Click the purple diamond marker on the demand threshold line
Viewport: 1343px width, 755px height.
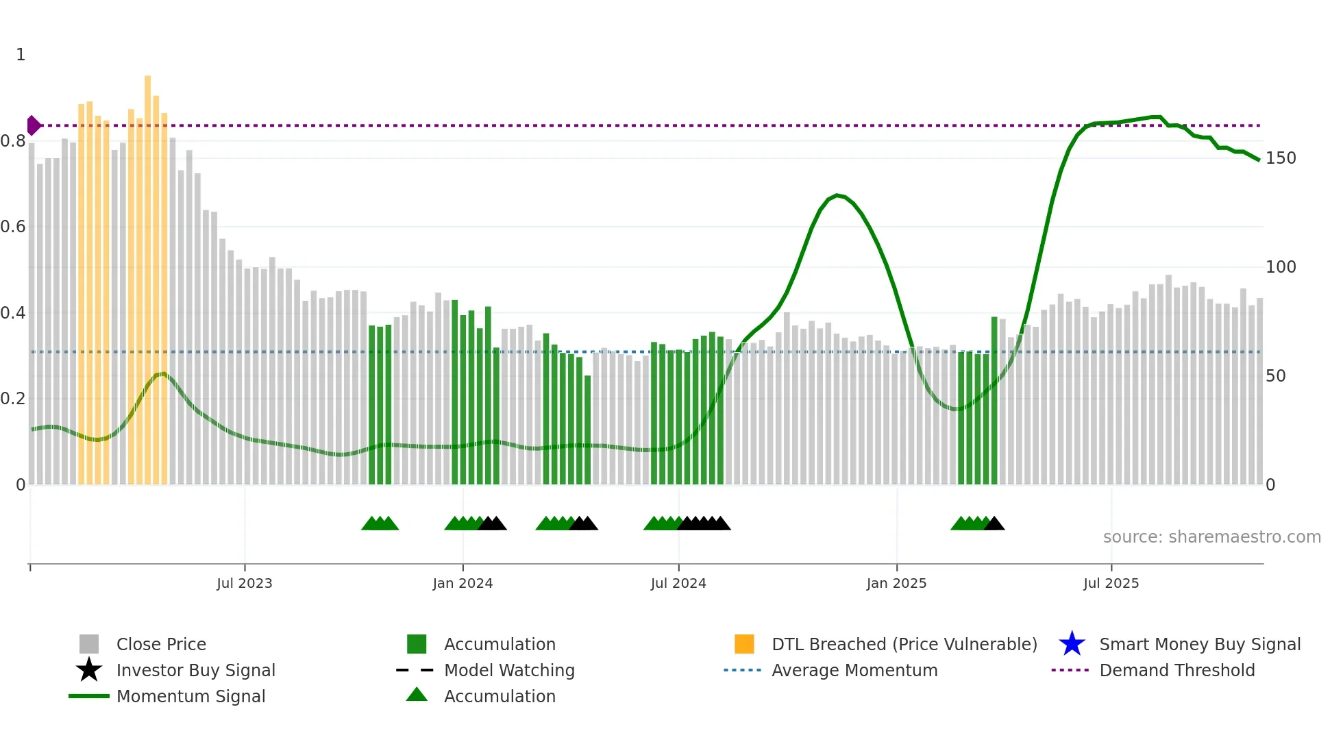coord(34,125)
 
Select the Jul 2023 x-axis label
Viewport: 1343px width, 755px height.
coord(245,584)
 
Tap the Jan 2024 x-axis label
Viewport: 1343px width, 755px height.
coord(463,584)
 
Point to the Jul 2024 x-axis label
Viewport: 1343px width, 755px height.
coord(678,584)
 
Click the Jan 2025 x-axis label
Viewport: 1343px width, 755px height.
coord(896,584)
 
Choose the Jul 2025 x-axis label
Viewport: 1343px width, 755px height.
coord(1111,584)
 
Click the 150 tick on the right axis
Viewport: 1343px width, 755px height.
coord(1280,158)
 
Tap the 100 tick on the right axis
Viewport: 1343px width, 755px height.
coord(1280,267)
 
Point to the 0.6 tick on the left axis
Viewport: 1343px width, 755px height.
coord(13,227)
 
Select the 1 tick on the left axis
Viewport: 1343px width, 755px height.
coord(21,55)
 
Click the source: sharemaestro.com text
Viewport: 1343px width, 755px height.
coord(1211,537)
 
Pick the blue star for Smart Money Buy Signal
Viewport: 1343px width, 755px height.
coord(1072,644)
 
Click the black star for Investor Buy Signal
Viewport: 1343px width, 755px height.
coord(89,670)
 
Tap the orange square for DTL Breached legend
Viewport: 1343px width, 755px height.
coord(744,644)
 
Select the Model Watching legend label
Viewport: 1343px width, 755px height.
coord(509,670)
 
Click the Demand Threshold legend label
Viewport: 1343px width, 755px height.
coord(1176,670)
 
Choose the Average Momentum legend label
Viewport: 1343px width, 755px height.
coord(854,670)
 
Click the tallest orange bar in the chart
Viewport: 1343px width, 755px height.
coord(147,274)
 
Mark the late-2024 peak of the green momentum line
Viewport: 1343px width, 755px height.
coord(837,195)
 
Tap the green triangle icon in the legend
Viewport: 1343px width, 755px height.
coord(417,695)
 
